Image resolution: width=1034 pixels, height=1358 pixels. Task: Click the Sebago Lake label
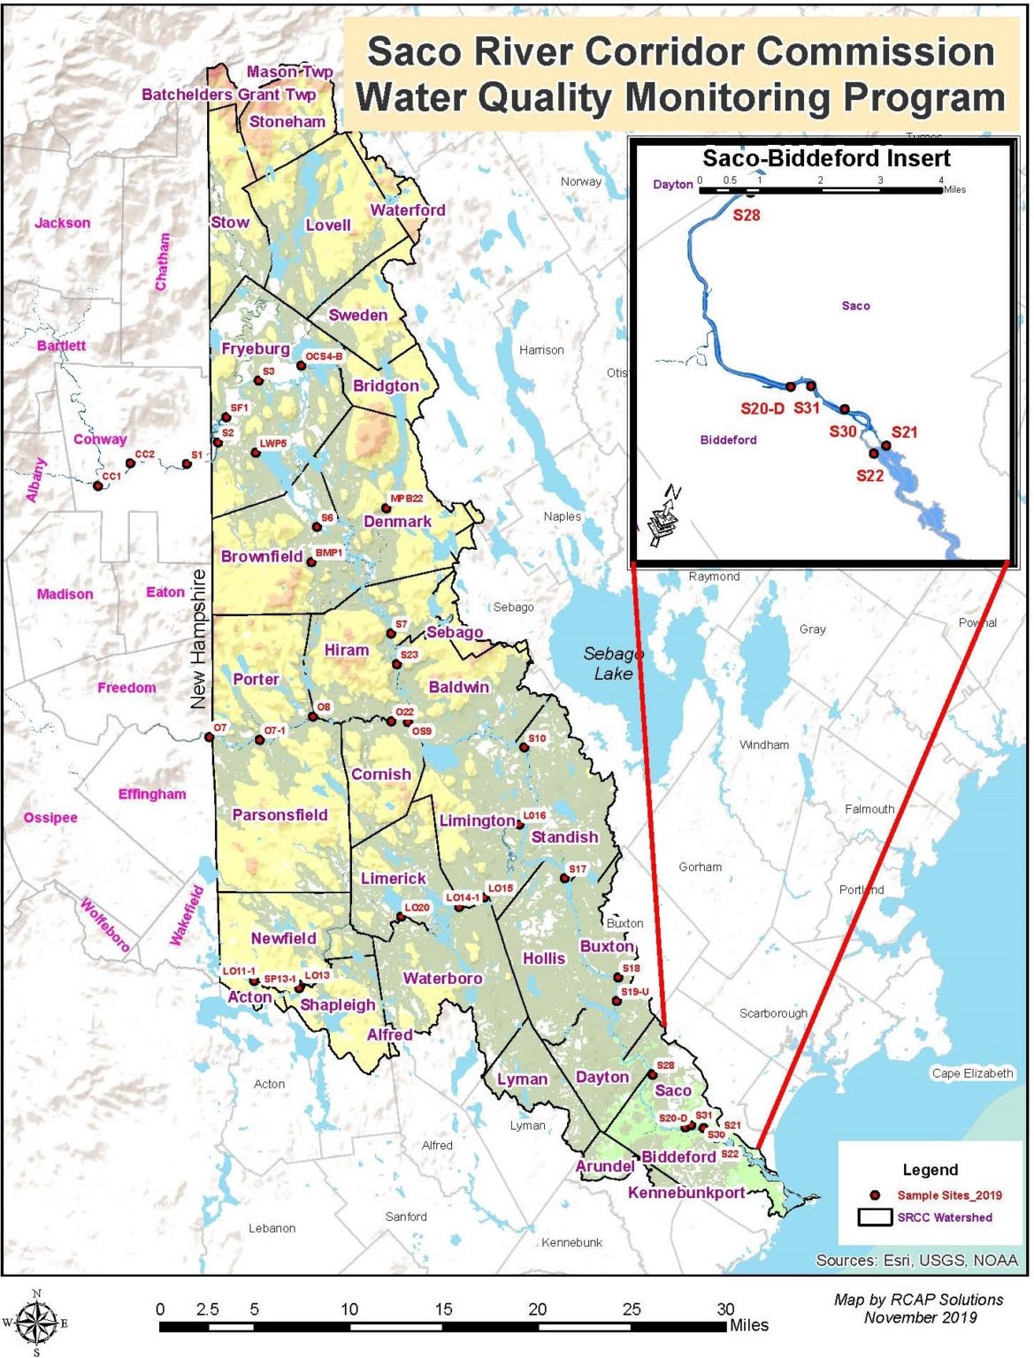pyautogui.click(x=612, y=663)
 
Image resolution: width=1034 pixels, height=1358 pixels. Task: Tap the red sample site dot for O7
pyautogui.click(x=210, y=737)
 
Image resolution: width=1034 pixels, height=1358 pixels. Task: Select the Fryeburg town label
pyautogui.click(x=255, y=348)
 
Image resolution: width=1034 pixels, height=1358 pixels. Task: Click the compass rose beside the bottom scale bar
pyautogui.click(x=35, y=1323)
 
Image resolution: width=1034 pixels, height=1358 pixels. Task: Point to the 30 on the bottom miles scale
pyautogui.click(x=725, y=1309)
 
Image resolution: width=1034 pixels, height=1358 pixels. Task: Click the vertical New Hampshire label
pyautogui.click(x=198, y=639)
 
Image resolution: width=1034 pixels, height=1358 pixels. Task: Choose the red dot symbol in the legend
pyautogui.click(x=875, y=1194)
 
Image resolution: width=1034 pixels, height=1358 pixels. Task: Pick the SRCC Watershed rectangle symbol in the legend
pyautogui.click(x=874, y=1217)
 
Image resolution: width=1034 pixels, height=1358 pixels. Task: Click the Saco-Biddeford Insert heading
pyautogui.click(x=825, y=158)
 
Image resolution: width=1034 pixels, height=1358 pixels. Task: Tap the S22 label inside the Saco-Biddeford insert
pyautogui.click(x=869, y=476)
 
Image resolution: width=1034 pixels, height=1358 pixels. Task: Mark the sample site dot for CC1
pyautogui.click(x=98, y=485)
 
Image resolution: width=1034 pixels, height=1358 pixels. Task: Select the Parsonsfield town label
pyautogui.click(x=280, y=814)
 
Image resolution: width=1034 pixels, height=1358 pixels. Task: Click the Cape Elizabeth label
pyautogui.click(x=972, y=1073)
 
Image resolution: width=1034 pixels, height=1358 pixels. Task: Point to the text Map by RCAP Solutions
pyautogui.click(x=918, y=1300)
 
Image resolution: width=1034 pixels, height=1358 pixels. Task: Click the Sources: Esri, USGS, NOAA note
pyautogui.click(x=916, y=1260)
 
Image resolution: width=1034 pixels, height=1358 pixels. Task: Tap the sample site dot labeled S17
pyautogui.click(x=564, y=878)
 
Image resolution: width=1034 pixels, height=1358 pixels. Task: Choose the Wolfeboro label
pyautogui.click(x=105, y=924)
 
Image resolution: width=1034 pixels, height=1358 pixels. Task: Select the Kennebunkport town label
pyautogui.click(x=686, y=1193)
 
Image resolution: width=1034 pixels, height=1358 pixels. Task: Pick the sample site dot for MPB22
pyautogui.click(x=386, y=507)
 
